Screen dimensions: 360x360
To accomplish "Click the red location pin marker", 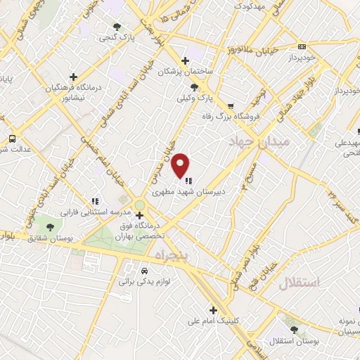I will pyautogui.click(x=181, y=164).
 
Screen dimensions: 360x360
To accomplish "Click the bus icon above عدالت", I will pyautogui.click(x=11, y=138).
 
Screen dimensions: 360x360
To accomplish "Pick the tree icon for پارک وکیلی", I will pyautogui.click(x=195, y=88).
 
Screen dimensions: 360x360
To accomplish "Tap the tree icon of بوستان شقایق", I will pyautogui.click(x=50, y=226).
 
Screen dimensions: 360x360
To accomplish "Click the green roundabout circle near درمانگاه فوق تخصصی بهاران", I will pyautogui.click(x=139, y=205).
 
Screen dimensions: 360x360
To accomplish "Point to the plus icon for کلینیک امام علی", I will pyautogui.click(x=212, y=310).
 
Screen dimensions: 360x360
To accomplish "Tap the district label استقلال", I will pyautogui.click(x=299, y=283).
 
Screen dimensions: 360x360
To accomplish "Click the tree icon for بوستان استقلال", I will pyautogui.click(x=293, y=329).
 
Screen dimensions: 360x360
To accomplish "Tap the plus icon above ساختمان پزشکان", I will pyautogui.click(x=185, y=61).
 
